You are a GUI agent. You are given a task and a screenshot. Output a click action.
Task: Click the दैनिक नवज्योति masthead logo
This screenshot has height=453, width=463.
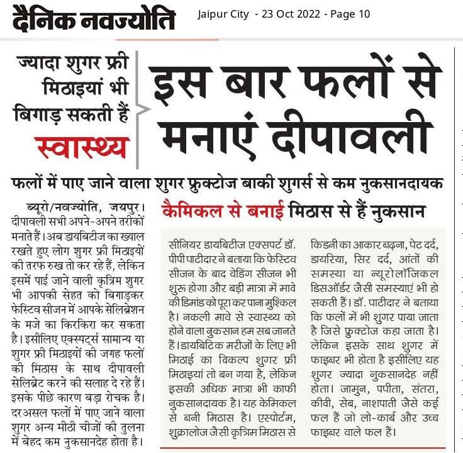click(x=93, y=21)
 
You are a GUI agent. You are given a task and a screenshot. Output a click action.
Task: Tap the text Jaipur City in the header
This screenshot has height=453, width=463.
click(x=223, y=14)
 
